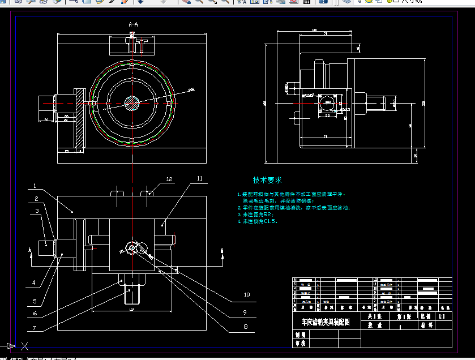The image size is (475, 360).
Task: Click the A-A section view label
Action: pos(134,25)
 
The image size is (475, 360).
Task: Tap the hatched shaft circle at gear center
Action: pos(132,102)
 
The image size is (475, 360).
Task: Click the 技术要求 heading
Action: pos(267,180)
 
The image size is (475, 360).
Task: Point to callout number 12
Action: pos(169,179)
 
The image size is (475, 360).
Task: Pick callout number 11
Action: pos(199,178)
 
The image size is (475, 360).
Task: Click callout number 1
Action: pos(35,186)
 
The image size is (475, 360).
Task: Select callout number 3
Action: pos(36,211)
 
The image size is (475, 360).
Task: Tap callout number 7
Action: pos(35,328)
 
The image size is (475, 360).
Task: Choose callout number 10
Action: pos(246,294)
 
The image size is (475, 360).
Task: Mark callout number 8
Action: pos(245,327)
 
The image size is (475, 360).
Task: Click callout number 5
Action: pos(35,301)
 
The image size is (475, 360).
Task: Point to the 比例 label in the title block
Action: pos(425,316)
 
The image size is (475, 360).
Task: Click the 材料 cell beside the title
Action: pos(426,325)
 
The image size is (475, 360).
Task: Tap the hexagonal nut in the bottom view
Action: pos(132,247)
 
